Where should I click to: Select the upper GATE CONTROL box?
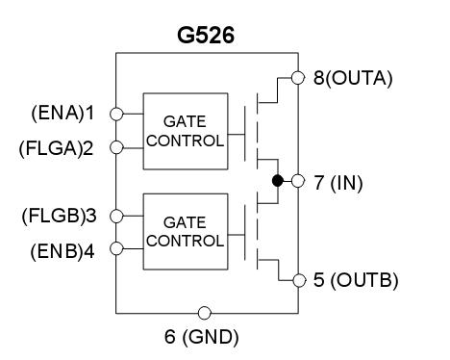184,129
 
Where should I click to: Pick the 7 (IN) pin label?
341,181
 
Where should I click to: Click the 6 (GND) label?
203,336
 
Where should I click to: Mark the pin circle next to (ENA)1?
116,113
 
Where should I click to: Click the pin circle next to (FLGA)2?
116,147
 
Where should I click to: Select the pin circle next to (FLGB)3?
116,215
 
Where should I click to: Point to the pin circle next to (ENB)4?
116,248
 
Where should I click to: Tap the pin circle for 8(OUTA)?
297,78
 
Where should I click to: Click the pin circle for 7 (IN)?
297,181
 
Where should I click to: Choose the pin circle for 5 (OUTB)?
297,280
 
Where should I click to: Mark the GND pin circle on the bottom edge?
204,313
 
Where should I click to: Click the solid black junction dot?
277,181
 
